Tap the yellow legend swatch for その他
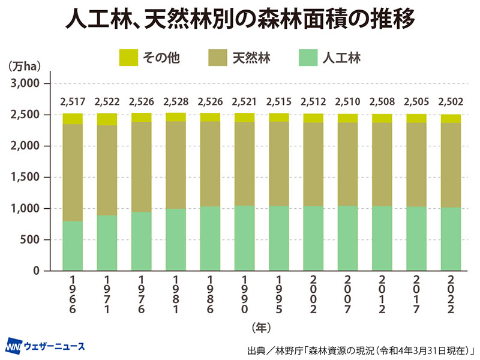tap(128, 58)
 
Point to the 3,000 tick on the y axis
tap(25, 83)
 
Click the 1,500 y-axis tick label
tap(25, 177)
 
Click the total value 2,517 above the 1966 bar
tap(73, 101)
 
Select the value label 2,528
tap(176, 101)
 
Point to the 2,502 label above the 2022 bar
tap(451, 101)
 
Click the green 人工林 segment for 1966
tap(73, 245)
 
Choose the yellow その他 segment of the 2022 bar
tap(451, 118)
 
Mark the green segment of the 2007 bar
tap(347, 238)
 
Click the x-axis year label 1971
tap(107, 295)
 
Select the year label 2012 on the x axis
tap(382, 295)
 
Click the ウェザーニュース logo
tap(45, 346)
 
